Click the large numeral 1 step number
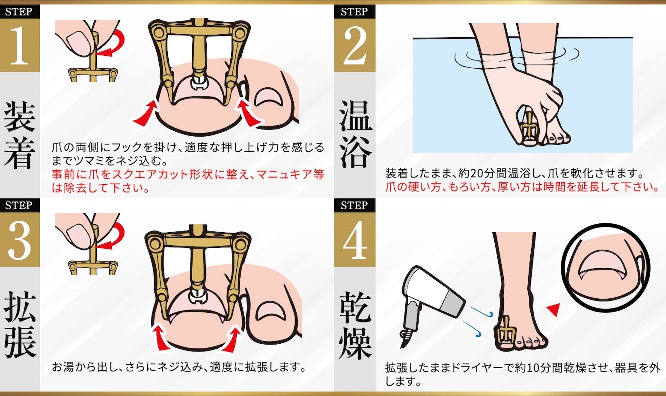20,45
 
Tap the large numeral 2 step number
354,45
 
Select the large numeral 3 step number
20,240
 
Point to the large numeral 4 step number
355,240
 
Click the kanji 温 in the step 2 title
356,116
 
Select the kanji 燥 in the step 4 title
356,342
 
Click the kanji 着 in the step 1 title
20,153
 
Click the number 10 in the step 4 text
532,368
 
